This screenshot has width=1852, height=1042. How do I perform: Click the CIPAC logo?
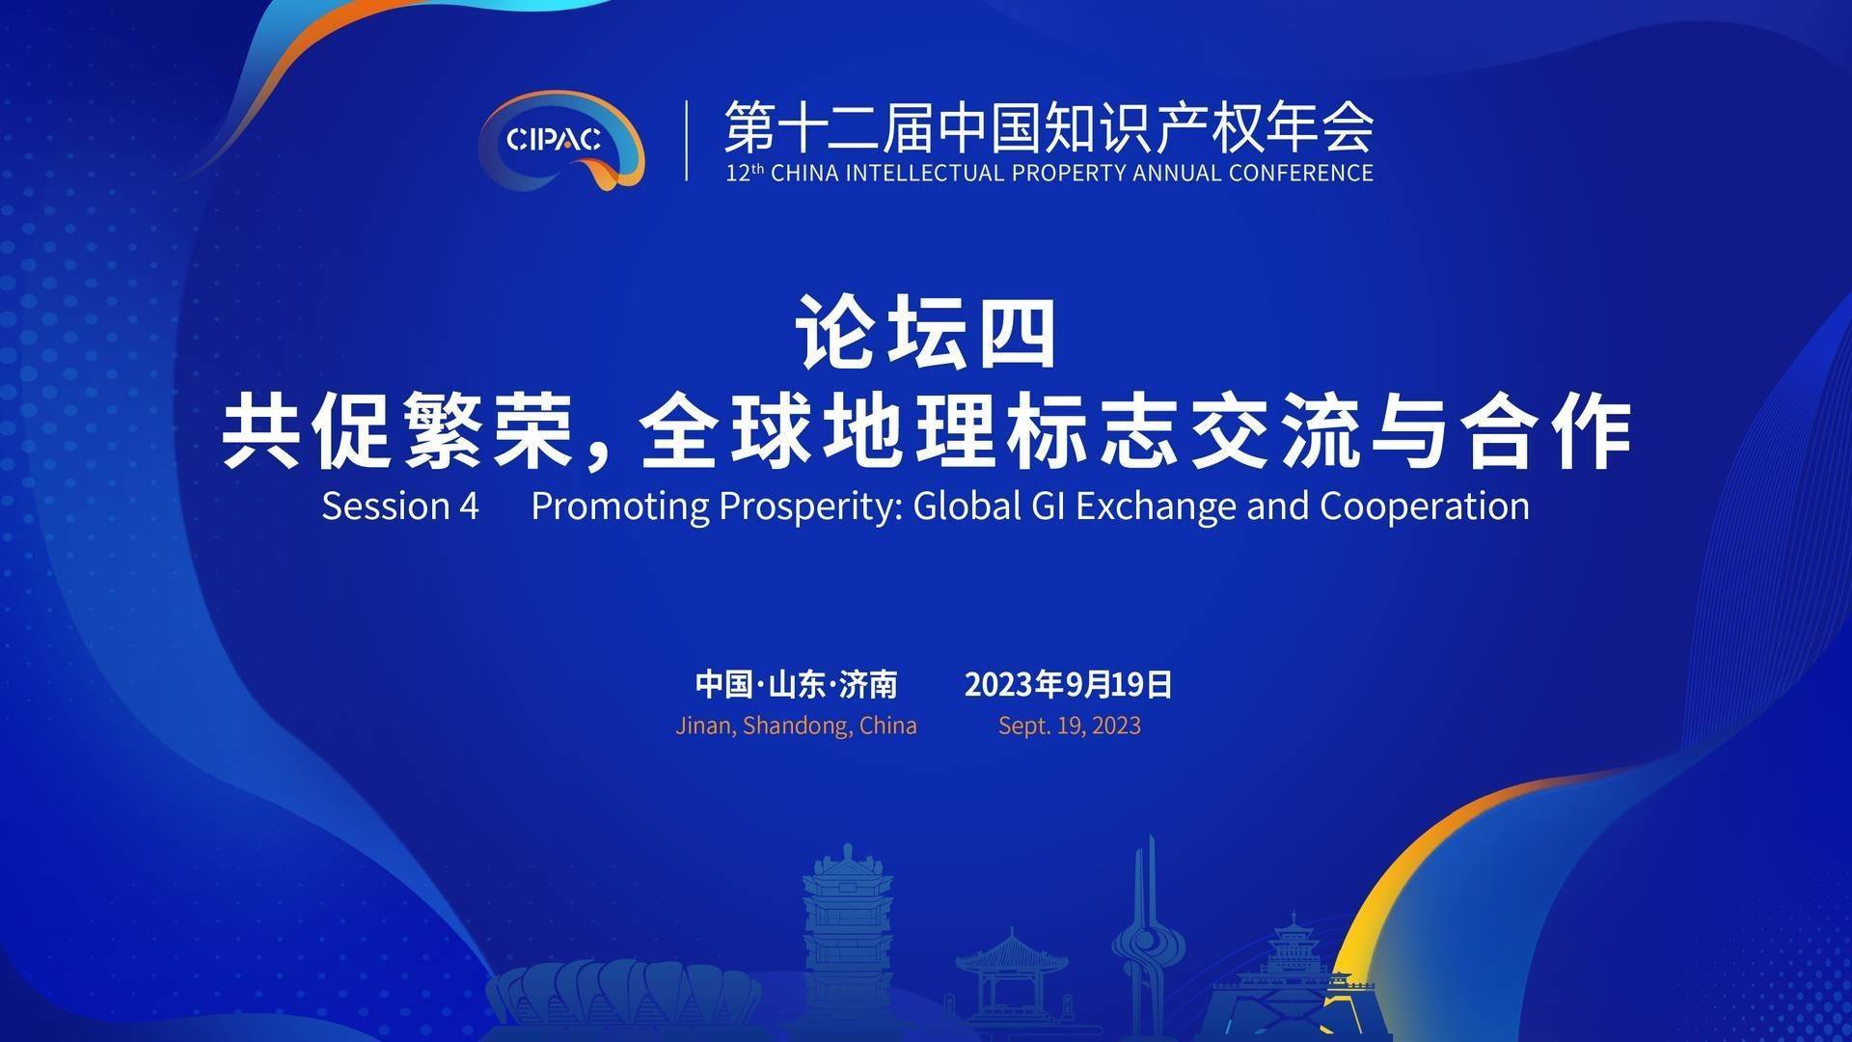click(561, 140)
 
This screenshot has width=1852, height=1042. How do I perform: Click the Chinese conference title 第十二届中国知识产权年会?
click(1049, 127)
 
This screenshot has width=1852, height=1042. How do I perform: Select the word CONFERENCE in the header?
click(1297, 174)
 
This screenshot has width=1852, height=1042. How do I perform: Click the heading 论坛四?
click(926, 333)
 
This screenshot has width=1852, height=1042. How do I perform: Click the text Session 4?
click(400, 506)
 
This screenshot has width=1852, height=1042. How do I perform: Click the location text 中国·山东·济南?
click(797, 684)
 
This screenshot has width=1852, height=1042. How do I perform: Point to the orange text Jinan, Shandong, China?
click(797, 726)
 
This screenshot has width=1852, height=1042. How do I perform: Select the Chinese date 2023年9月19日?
click(1069, 684)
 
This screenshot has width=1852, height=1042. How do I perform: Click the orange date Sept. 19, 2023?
click(1070, 726)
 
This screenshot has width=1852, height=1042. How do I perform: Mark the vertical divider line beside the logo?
click(687, 141)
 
